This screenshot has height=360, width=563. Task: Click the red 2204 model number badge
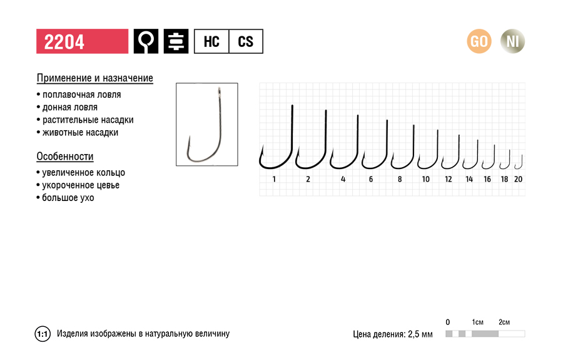82,41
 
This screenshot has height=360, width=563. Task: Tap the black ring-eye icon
146,41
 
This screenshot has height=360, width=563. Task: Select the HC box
211,41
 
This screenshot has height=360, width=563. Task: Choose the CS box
246,41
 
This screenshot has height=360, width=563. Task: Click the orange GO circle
479,41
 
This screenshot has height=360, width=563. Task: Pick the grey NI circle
513,41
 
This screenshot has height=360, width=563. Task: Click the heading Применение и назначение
95,78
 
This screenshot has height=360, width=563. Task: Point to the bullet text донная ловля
69,108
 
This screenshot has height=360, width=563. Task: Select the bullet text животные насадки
80,133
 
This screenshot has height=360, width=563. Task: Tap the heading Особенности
65,157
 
